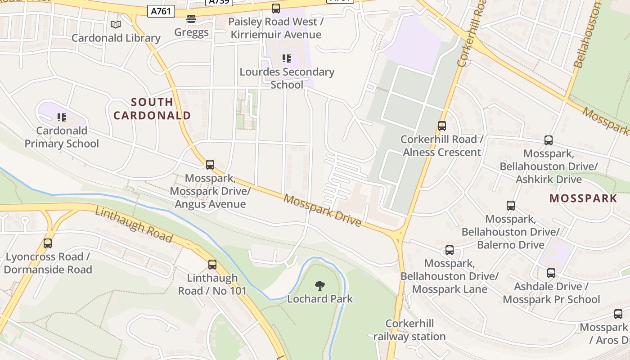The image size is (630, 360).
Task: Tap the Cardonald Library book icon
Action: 116,25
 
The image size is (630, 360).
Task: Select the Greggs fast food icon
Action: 191,19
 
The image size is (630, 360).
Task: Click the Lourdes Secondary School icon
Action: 287,58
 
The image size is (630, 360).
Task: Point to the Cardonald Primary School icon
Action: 62,117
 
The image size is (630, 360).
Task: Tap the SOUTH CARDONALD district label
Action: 152,109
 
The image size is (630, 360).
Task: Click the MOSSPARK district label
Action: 583,198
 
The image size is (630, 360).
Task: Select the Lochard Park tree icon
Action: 320,285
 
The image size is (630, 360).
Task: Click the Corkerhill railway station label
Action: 409,330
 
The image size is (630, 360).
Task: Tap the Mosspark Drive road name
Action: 323,210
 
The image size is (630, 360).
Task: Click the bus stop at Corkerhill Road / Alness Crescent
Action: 442,126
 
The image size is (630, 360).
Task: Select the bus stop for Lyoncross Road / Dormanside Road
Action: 48,243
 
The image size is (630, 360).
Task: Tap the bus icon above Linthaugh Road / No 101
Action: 212,265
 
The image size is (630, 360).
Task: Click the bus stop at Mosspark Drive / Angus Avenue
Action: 210,165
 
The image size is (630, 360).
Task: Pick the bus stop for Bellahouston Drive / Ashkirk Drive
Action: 549,140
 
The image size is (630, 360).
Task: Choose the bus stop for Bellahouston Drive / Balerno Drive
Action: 511,206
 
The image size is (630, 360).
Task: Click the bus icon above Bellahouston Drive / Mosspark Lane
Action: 450,250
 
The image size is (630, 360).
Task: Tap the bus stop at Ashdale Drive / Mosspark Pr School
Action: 551,273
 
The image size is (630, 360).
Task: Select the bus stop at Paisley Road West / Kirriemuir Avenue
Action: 276,8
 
